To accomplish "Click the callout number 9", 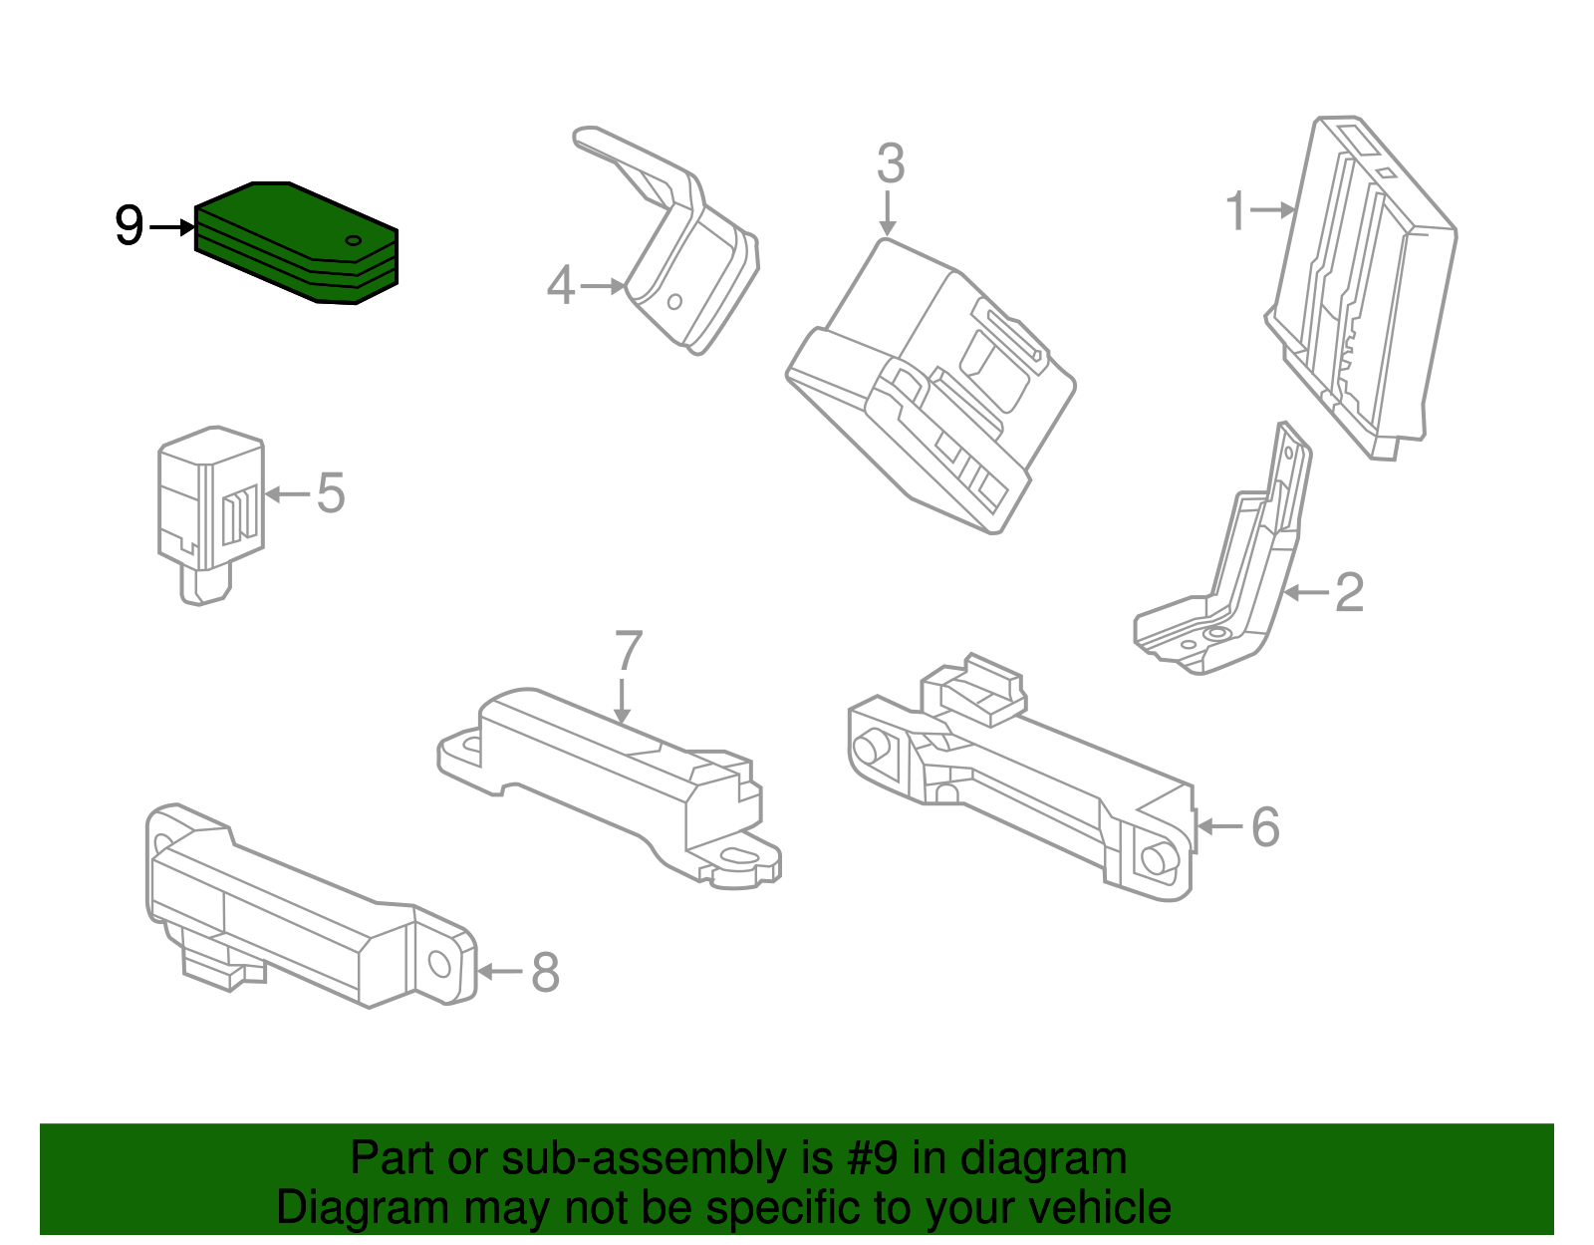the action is (130, 226).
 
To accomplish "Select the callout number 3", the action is (891, 162).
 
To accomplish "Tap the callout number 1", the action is (1236, 210).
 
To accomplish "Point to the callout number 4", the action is (561, 285).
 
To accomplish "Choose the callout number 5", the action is (331, 493).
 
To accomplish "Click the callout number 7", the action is (628, 650).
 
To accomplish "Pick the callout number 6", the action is (1265, 826).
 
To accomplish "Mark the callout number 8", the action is (545, 972).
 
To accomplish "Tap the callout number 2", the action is (1349, 592).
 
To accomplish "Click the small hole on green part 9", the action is (353, 240).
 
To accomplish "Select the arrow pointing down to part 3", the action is (888, 213).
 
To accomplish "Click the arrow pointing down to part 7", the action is (622, 702).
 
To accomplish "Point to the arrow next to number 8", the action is (499, 972).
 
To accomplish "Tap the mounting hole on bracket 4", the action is (674, 301).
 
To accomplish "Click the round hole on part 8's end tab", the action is (439, 963).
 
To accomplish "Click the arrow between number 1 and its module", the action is (1272, 210).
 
